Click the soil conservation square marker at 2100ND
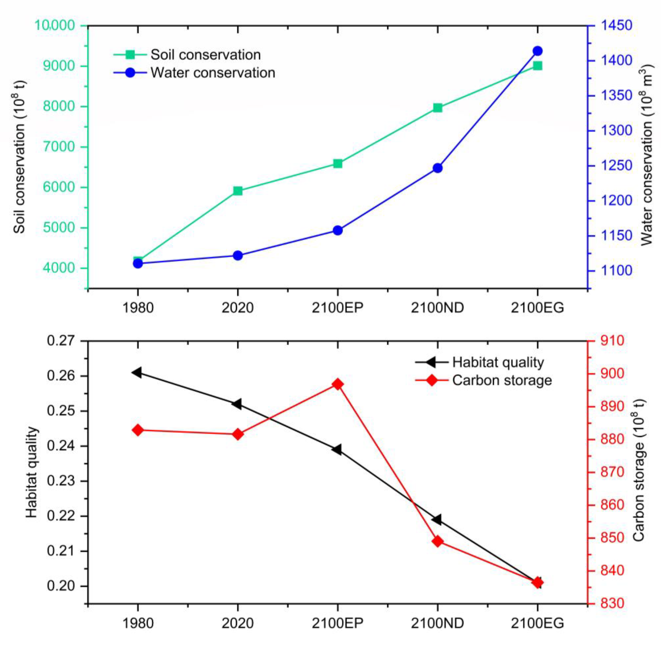437,108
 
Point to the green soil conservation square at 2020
238,191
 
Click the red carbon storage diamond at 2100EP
337,384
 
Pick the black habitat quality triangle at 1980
137,372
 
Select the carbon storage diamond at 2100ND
437,541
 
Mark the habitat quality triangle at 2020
237,404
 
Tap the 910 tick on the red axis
612,341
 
